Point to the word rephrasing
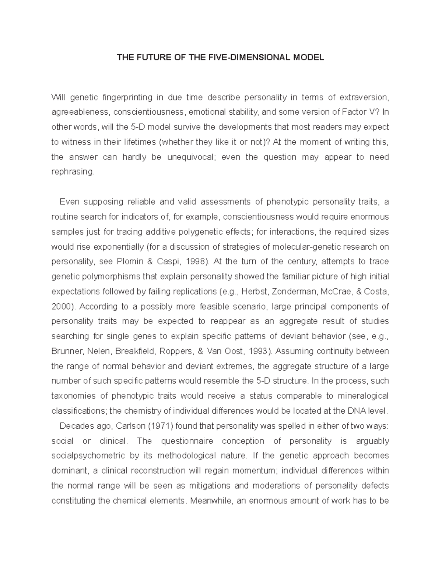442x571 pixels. click(73, 172)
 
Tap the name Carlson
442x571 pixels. click(130, 426)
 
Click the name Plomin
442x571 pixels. click(129, 261)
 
